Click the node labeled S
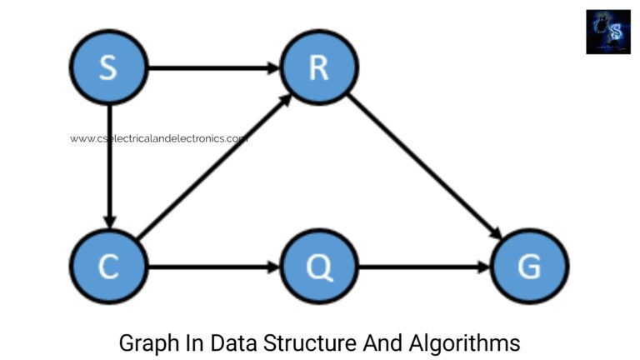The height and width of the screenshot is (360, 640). (108, 67)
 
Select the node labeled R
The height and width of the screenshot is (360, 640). (319, 67)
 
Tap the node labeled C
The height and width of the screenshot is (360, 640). (108, 267)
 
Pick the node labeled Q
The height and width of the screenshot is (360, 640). (319, 267)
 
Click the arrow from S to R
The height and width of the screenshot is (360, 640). (213, 67)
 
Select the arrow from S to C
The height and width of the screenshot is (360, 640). (108, 167)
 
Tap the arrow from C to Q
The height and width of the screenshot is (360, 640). (213, 267)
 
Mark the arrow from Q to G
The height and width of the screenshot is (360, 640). (424, 267)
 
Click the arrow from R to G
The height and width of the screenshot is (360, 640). (423, 167)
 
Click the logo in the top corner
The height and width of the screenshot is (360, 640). (608, 32)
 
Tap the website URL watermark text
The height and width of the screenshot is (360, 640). (158, 139)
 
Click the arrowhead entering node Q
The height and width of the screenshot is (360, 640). (274, 267)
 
